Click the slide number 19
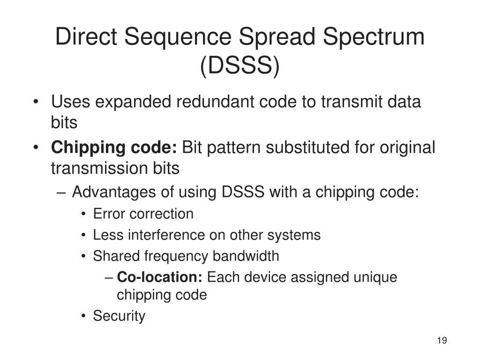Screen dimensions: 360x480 442,340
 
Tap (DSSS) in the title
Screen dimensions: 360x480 240,66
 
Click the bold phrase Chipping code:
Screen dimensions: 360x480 114,148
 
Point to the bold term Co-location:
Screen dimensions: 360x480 159,277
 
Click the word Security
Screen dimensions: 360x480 119,316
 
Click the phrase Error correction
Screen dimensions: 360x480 143,214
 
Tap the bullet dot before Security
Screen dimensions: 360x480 83,316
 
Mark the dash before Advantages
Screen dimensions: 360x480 63,192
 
